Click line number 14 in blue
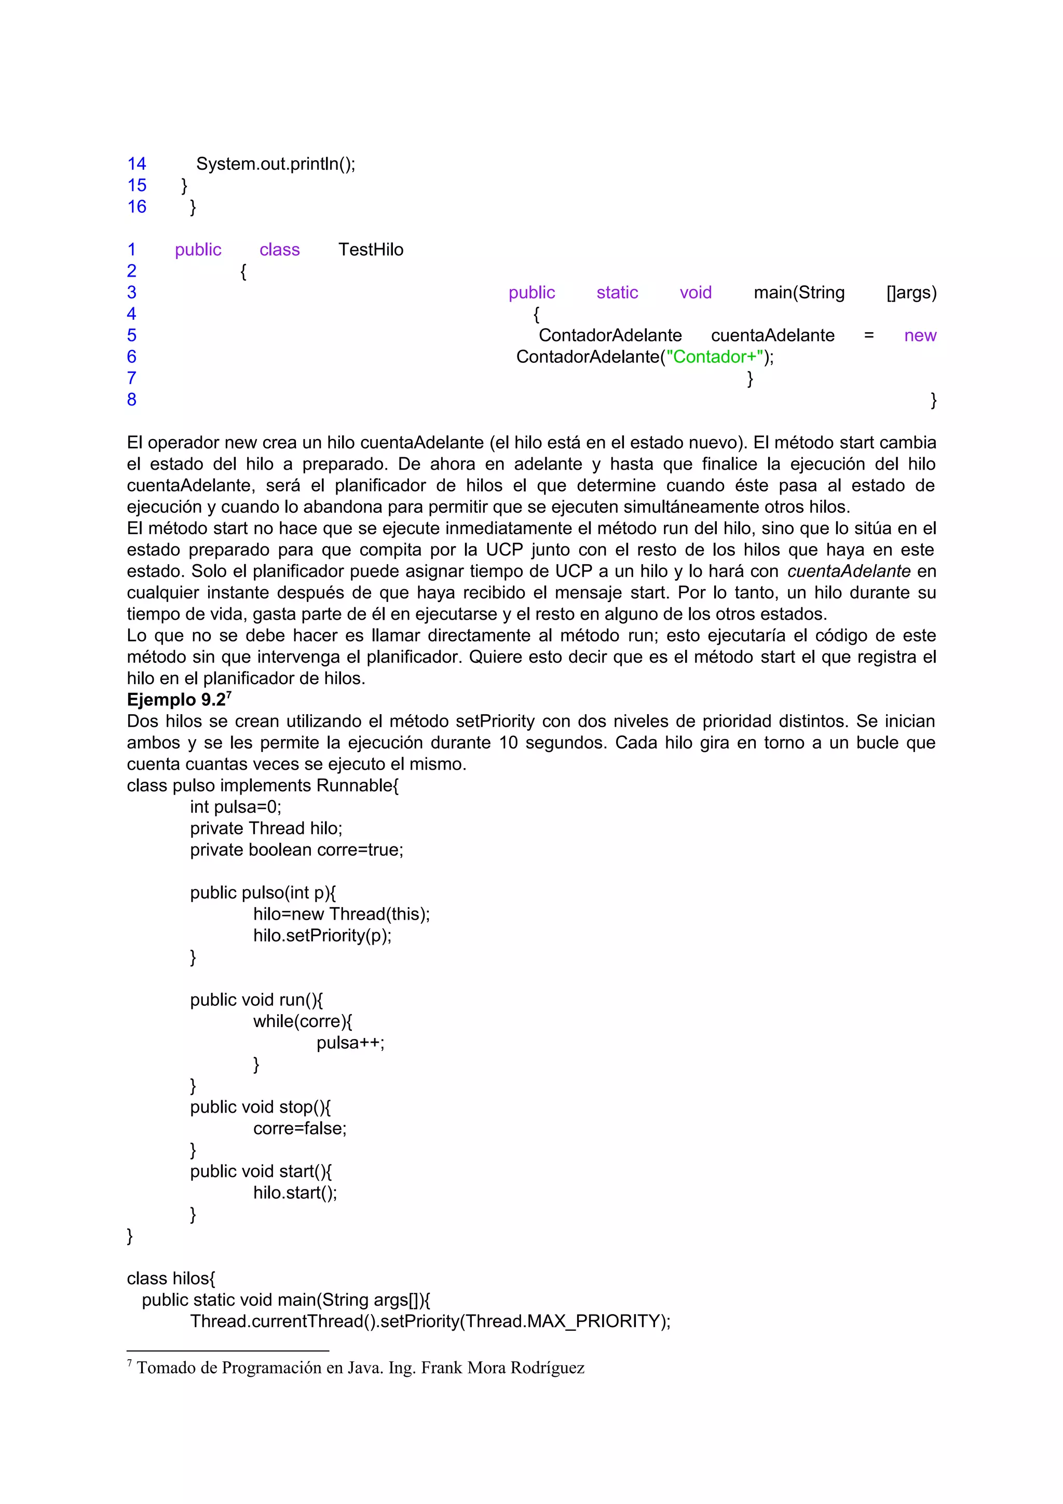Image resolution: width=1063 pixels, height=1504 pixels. point(137,164)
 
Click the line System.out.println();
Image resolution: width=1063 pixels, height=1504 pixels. point(275,164)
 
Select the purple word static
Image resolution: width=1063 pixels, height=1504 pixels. point(617,293)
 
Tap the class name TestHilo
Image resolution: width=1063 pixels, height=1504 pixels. point(371,250)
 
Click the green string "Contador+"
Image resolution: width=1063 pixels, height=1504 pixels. point(715,357)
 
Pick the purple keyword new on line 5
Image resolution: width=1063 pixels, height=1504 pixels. point(920,335)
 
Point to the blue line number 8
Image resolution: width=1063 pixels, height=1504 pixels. point(132,400)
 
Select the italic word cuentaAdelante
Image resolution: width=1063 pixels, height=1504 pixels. point(848,571)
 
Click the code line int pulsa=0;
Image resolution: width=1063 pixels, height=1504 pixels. point(235,807)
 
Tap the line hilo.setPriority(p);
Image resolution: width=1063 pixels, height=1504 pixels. point(322,935)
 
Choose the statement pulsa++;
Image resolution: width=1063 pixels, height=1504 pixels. point(350,1043)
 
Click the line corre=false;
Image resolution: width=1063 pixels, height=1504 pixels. point(300,1129)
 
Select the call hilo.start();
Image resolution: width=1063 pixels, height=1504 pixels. point(295,1193)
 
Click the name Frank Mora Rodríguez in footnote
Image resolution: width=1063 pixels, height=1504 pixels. point(502,1368)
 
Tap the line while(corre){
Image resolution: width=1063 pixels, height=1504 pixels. point(303,1021)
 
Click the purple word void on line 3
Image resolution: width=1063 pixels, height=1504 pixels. point(695,293)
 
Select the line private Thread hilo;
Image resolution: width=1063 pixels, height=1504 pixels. point(266,829)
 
